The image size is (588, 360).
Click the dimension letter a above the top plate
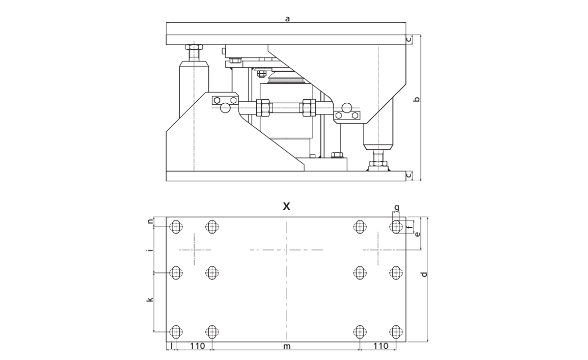click(x=287, y=19)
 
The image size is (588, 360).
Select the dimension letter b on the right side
click(x=417, y=99)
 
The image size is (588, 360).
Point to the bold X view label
click(x=286, y=206)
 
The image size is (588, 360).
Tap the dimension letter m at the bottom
click(x=287, y=346)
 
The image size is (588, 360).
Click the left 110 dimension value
click(x=198, y=346)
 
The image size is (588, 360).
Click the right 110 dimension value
click(x=381, y=346)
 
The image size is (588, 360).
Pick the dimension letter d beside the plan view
click(x=424, y=274)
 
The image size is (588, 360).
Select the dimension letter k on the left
click(x=150, y=299)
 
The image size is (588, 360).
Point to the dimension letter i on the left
click(x=150, y=250)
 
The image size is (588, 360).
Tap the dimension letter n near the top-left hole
click(x=151, y=221)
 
